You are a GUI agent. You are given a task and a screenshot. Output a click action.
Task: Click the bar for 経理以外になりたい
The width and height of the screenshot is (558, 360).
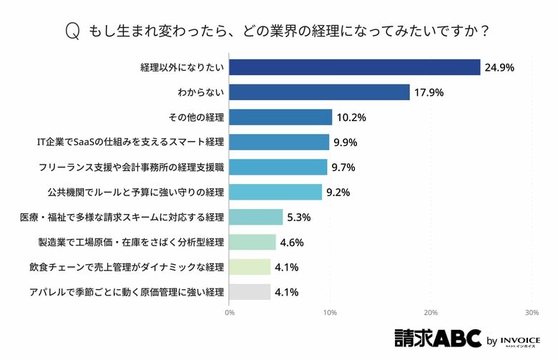[x=355, y=67]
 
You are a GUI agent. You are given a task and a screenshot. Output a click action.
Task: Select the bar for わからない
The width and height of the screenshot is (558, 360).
[x=320, y=92]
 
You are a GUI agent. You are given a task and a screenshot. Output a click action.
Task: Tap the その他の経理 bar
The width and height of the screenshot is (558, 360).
[x=281, y=117]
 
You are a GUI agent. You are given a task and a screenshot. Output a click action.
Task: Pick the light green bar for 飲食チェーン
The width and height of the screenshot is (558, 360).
[x=250, y=267]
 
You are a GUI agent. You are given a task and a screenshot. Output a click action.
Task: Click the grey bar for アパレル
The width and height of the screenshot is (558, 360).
[x=250, y=292]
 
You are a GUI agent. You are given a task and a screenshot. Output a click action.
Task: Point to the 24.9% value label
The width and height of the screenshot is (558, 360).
[x=500, y=67]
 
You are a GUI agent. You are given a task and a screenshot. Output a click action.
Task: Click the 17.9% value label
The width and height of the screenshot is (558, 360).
[x=429, y=92]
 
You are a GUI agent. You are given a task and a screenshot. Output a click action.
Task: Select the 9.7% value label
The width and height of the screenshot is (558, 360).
[x=343, y=167]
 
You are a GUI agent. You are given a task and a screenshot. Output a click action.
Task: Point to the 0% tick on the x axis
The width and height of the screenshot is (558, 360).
[x=230, y=313]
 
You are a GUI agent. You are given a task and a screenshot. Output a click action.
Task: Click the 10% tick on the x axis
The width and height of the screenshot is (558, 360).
[x=330, y=313]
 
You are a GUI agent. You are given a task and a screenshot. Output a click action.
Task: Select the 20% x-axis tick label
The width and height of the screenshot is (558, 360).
[x=431, y=313]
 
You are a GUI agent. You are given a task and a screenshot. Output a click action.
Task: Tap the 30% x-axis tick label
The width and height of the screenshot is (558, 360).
[x=531, y=313]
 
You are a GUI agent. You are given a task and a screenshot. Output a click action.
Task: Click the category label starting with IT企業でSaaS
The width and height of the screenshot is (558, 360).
[x=131, y=142]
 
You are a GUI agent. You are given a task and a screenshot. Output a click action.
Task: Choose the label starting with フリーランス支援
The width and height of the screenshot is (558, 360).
[x=132, y=167]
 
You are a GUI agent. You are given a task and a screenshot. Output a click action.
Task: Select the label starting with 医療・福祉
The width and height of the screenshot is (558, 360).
[x=122, y=218]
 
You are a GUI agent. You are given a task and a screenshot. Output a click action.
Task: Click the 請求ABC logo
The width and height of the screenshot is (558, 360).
[x=437, y=339]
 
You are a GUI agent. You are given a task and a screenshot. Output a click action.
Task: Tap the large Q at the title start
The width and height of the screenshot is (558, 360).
[x=72, y=31]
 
